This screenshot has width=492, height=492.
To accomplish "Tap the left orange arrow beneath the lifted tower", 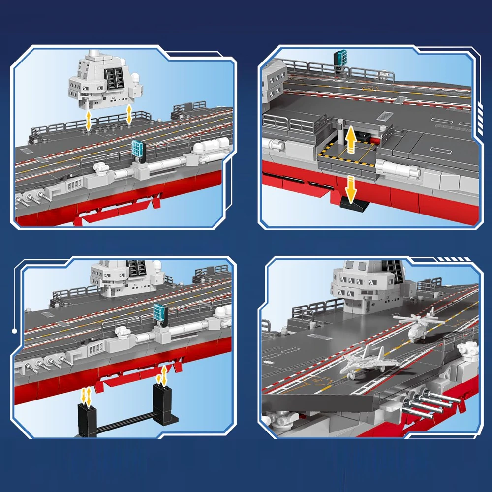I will point(88,120).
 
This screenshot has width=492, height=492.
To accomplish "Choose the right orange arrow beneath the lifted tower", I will point(129,114).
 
